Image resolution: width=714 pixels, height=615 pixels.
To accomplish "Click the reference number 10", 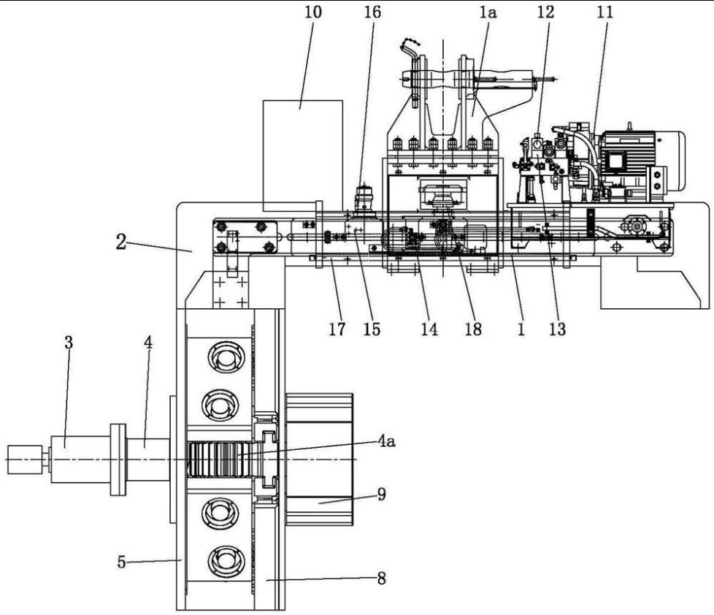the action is pos(312,12).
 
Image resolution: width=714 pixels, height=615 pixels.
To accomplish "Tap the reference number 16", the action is pos(372,12).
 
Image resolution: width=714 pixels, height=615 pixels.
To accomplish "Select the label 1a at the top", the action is pos(488,12).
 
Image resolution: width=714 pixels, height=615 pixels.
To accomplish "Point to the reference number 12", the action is pos(545,12).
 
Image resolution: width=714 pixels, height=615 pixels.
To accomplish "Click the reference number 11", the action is pos(604,12).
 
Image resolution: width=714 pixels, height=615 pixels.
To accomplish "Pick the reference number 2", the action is pos(120,242).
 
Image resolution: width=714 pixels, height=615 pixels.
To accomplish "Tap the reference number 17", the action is pos(337,329).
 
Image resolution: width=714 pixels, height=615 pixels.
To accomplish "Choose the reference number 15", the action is pos(372,329).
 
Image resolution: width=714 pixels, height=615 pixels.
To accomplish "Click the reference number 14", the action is pos(429,329).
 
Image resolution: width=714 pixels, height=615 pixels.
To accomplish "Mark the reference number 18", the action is pos(473,329).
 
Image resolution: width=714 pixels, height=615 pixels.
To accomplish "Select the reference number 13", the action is pos(557,329).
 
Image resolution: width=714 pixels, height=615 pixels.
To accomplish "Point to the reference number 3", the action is pos(69,343).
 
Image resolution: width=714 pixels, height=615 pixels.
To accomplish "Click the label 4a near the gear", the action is pos(387,440).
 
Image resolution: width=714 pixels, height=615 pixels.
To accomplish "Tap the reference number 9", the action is pos(382,494).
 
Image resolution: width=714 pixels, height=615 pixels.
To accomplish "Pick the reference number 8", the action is pos(382,578).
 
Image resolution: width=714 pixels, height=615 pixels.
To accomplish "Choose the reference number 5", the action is pos(121,562).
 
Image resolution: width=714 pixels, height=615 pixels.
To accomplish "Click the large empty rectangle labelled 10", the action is pos(303,156).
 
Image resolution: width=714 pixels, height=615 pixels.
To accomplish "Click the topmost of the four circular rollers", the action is pos(223,355).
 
